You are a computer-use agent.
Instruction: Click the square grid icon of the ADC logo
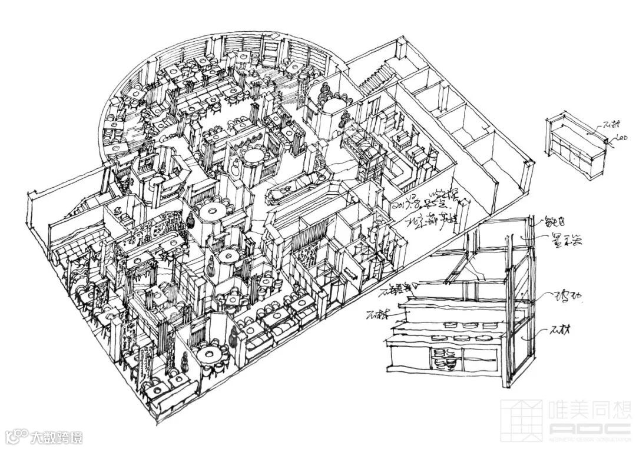coord(521,418)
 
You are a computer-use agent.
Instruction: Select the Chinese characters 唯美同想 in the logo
coord(589,410)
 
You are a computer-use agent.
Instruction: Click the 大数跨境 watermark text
coord(57,437)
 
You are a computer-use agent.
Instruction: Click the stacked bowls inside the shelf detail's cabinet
coord(445,358)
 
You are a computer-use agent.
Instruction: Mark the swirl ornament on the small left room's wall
coord(118,209)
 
